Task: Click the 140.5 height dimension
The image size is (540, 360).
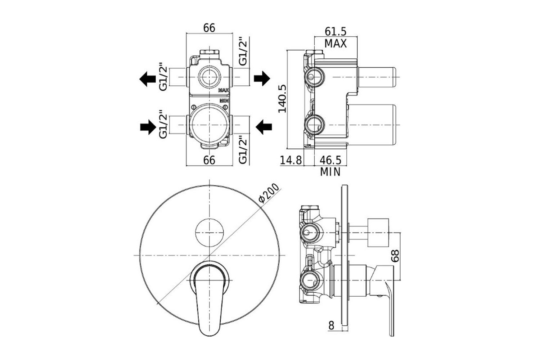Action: tap(282, 98)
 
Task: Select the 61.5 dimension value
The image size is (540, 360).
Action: tap(336, 31)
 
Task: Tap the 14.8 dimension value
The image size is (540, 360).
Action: tap(291, 160)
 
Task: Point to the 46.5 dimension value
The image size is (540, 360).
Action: tap(330, 160)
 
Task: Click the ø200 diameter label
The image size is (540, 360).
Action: tap(269, 193)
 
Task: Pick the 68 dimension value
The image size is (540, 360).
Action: tap(395, 256)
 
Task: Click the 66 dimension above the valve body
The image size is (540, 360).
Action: tap(209, 28)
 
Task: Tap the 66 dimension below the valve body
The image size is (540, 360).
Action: tap(209, 160)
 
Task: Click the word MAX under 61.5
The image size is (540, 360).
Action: tap(336, 44)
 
